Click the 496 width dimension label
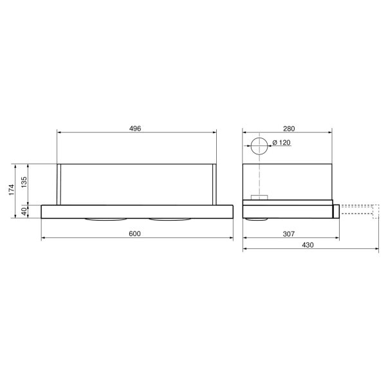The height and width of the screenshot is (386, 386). click(x=134, y=128)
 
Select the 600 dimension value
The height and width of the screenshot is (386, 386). click(x=134, y=234)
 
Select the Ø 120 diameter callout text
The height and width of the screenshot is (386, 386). click(x=280, y=142)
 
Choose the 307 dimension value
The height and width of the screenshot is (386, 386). click(x=289, y=234)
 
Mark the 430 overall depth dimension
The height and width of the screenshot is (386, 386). click(x=309, y=246)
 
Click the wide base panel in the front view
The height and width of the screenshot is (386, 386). click(x=136, y=211)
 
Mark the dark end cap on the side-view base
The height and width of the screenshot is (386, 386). click(x=336, y=210)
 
